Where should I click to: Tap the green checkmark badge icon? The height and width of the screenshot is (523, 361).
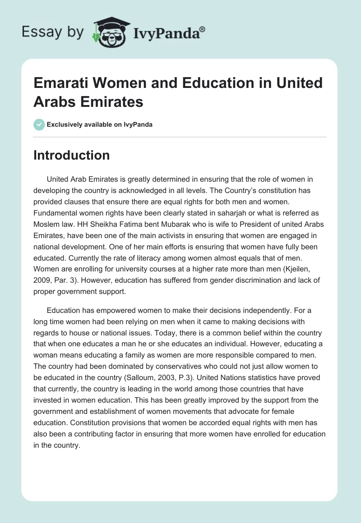pyautogui.click(x=39, y=124)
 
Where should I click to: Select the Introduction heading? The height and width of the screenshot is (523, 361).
pyautogui.click(x=71, y=155)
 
